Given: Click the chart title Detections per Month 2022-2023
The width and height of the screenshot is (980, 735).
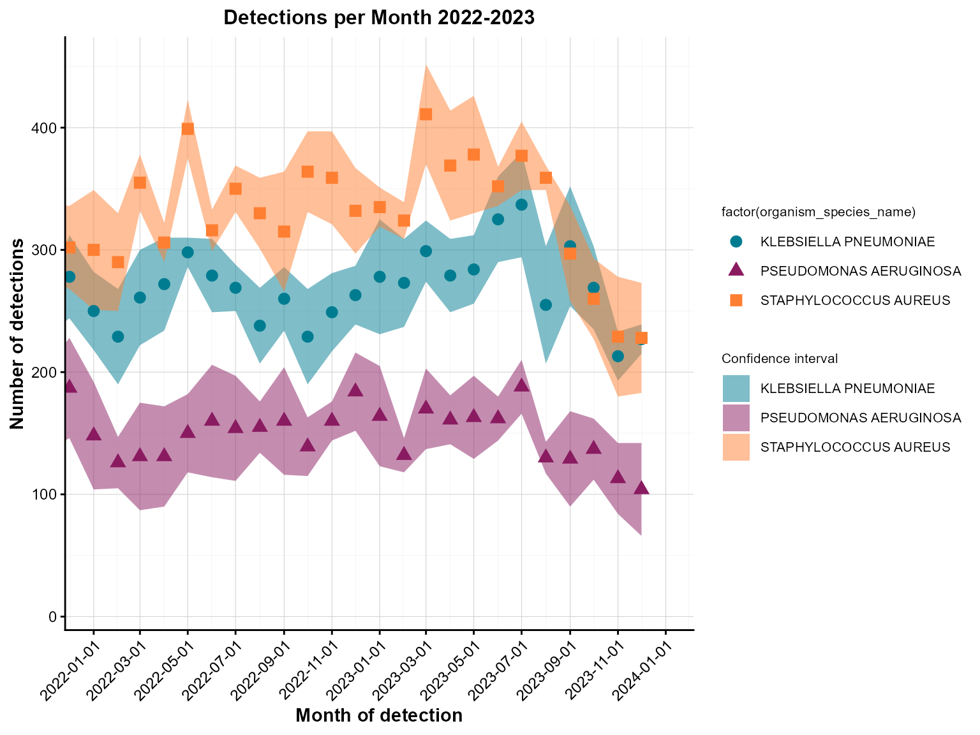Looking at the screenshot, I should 378,18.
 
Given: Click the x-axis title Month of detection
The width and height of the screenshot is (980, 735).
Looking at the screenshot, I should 378,716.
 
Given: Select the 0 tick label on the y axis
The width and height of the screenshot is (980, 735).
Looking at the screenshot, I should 54,616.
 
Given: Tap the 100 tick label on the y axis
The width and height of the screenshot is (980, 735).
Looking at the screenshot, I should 47,494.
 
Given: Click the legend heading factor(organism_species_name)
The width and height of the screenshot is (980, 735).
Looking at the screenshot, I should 819,212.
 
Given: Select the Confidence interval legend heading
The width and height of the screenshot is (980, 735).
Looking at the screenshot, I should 779,359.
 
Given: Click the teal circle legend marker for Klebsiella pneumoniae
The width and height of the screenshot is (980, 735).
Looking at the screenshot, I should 736,242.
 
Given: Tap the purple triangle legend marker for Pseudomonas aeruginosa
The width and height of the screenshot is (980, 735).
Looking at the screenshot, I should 736,271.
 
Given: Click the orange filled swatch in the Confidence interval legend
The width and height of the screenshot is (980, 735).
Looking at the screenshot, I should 736,447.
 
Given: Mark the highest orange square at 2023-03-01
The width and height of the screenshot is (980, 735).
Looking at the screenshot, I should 426,114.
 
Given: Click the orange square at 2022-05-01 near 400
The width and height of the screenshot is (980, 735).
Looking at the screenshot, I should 188,129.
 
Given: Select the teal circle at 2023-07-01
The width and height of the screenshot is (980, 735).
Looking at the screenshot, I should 521,205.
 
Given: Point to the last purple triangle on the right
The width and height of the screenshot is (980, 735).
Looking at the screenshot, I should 641,488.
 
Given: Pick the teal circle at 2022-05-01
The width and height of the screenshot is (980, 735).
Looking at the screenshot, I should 188,252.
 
